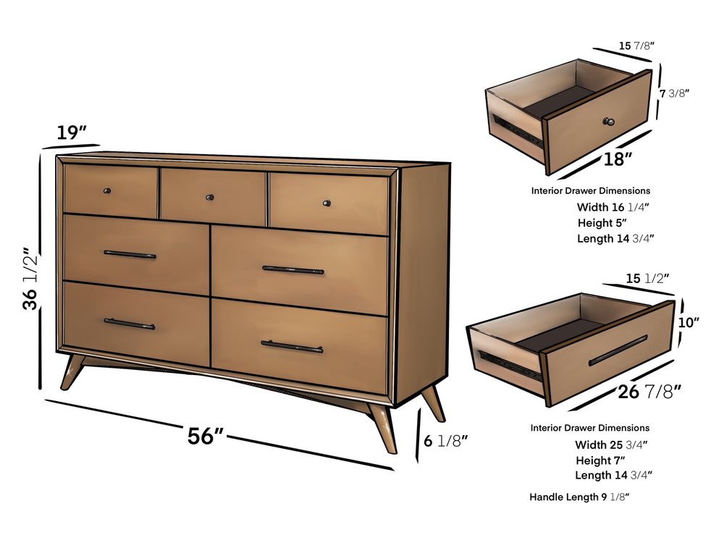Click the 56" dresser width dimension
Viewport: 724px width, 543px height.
point(206,437)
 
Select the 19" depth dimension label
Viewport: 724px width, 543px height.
point(72,132)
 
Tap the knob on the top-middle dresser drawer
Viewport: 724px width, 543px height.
point(210,196)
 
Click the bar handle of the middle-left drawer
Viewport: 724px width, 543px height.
point(130,254)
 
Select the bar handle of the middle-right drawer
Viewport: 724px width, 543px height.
point(292,269)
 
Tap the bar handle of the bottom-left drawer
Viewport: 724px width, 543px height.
point(129,324)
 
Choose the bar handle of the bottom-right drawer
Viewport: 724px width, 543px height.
point(292,346)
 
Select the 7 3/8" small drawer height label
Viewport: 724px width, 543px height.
point(674,93)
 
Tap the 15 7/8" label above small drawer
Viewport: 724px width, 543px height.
point(636,46)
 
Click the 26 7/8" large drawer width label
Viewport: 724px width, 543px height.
point(649,392)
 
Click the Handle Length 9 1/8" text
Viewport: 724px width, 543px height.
point(579,497)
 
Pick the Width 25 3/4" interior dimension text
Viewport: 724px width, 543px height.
point(611,445)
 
